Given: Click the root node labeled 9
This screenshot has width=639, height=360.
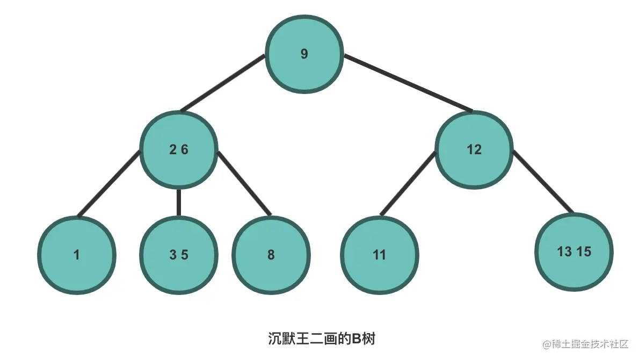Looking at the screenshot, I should pyautogui.click(x=304, y=54).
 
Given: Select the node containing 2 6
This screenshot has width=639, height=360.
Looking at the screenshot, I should pyautogui.click(x=179, y=149).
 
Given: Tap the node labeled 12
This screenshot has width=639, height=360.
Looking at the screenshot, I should pyautogui.click(x=474, y=149).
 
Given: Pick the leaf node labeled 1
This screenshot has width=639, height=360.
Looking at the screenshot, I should pyautogui.click(x=77, y=255).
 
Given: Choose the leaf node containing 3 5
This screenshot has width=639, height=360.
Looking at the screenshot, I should pyautogui.click(x=179, y=255).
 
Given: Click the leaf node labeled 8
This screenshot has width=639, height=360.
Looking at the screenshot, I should pyautogui.click(x=271, y=255).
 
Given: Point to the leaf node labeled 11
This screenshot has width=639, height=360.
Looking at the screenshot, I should pyautogui.click(x=380, y=255).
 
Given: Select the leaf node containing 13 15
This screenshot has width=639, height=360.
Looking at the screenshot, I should pyautogui.click(x=574, y=251).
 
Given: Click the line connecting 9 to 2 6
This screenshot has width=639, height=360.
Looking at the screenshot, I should pyautogui.click(x=223, y=83).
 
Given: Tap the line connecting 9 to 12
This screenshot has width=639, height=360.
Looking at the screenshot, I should pyautogui.click(x=408, y=83).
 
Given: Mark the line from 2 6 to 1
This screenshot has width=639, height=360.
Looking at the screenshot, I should pyautogui.click(x=109, y=184).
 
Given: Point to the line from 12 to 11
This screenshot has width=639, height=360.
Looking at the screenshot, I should pyautogui.click(x=408, y=184).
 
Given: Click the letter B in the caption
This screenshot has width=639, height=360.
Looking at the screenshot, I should pyautogui.click(x=357, y=340).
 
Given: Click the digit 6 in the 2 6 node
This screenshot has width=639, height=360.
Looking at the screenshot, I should pyautogui.click(x=185, y=150).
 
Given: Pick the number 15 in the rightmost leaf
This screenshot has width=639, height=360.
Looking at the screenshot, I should pyautogui.click(x=584, y=251).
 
